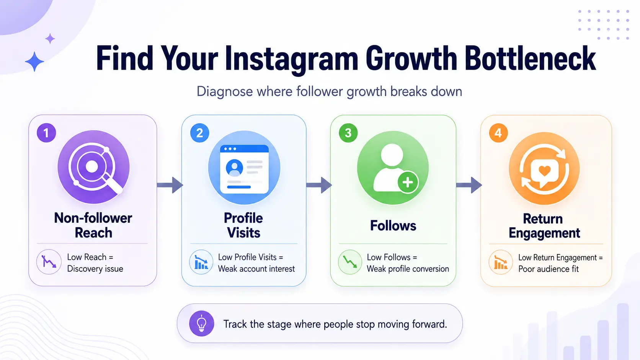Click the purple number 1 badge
point(46,133)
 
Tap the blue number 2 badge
point(199,133)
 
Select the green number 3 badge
point(348,133)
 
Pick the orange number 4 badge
point(498,133)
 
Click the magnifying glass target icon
point(94,167)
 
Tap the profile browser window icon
point(244,169)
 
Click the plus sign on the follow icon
point(408,182)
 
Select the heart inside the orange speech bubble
point(544,171)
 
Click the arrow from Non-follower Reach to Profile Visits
point(170,185)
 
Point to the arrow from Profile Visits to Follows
point(319,185)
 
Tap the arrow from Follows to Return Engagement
point(469,185)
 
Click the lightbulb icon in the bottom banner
point(201,323)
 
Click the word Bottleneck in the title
point(530,58)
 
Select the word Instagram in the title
point(291,60)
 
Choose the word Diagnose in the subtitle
point(225,92)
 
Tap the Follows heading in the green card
point(393,226)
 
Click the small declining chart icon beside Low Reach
point(49,262)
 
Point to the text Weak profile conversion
point(408,269)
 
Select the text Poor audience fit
point(548,269)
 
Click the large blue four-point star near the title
point(34,61)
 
